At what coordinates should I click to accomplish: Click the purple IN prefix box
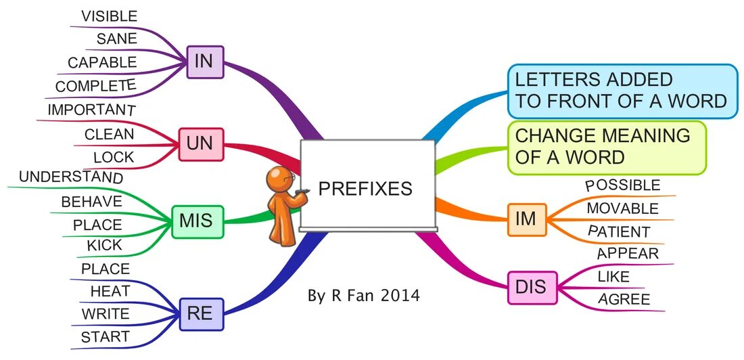click(204, 62)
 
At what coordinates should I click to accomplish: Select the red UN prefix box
click(201, 144)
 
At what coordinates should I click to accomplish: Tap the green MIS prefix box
click(197, 221)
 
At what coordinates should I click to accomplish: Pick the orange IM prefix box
click(526, 219)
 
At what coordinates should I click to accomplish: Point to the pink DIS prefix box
click(526, 288)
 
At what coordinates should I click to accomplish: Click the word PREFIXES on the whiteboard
click(365, 188)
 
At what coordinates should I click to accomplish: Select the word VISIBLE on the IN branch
click(109, 16)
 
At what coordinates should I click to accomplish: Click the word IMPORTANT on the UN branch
click(91, 110)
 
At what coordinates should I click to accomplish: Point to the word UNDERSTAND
click(71, 177)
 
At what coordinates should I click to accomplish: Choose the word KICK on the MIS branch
click(105, 245)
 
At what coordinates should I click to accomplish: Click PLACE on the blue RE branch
click(105, 269)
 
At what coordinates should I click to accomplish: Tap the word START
click(105, 336)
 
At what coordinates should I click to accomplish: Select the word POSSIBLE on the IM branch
click(622, 185)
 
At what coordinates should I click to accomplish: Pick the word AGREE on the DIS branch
click(624, 299)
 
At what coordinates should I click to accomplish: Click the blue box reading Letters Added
click(622, 91)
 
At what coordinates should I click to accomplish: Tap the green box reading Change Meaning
click(607, 147)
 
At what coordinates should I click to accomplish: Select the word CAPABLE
click(102, 63)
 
